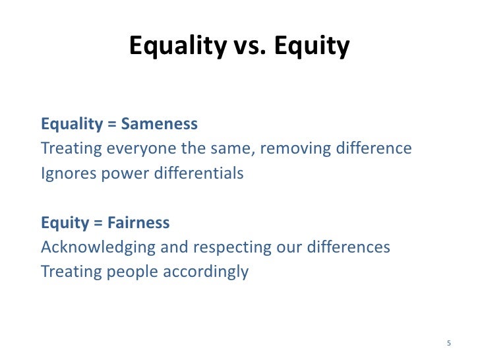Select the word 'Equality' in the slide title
pyautogui.click(x=175, y=46)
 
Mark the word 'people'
pyautogui.click(x=123, y=272)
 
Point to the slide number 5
pyautogui.click(x=449, y=343)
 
